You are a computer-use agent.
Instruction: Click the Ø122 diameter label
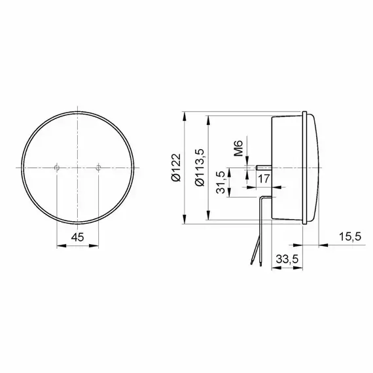click(x=177, y=168)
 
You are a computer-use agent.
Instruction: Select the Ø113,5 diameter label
click(x=200, y=168)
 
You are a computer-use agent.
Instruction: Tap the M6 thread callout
click(x=238, y=148)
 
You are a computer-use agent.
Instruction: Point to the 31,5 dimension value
click(x=221, y=182)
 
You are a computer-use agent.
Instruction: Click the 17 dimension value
click(x=264, y=179)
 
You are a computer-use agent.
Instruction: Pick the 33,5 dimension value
click(x=287, y=259)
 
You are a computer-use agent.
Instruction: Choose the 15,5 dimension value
click(x=350, y=237)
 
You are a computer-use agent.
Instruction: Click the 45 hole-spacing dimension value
click(x=78, y=237)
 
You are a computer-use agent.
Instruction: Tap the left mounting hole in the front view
click(x=57, y=168)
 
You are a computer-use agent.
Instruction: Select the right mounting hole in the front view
click(x=98, y=168)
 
